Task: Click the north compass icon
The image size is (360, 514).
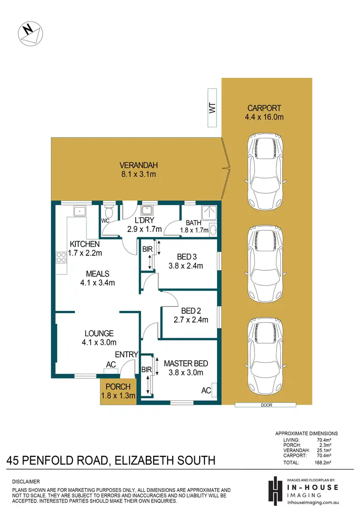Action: [30, 34]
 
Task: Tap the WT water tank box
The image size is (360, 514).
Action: [212, 108]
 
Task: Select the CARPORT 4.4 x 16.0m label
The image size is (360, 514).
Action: [264, 112]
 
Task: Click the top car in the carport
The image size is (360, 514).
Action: [265, 172]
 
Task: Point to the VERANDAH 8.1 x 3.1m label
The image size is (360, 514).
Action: [139, 170]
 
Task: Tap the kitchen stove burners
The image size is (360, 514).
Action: [61, 257]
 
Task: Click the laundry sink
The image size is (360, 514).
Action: [147, 210]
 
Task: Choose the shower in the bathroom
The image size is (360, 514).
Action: [209, 213]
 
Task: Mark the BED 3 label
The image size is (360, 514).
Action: [187, 257]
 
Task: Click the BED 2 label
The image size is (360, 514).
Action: [191, 311]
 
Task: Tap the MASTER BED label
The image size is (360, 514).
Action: [186, 364]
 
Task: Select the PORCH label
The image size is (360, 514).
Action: [118, 387]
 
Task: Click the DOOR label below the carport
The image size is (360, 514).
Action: [267, 405]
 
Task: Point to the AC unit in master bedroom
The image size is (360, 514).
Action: [214, 390]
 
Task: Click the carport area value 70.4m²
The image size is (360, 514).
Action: [324, 455]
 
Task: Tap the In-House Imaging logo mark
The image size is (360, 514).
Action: [275, 490]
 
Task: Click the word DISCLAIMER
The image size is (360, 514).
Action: [26, 481]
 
